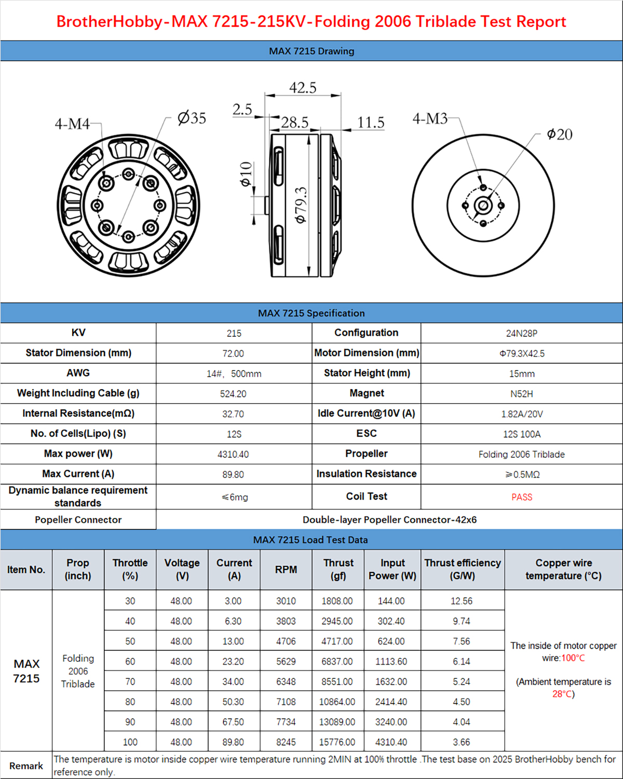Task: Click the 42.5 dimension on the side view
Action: point(303,88)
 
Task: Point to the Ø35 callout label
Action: point(192,118)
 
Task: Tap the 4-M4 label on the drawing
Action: point(72,124)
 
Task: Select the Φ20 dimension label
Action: point(559,134)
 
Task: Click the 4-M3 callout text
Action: point(430,119)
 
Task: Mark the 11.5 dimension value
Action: point(371,122)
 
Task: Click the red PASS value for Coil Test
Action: point(522,497)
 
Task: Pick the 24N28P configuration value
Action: point(522,333)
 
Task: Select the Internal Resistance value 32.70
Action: point(233,414)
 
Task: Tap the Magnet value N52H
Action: point(522,394)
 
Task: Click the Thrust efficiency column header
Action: point(463,569)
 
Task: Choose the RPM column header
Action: point(286,569)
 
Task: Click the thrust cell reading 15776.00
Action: point(337,742)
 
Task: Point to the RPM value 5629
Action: point(286,662)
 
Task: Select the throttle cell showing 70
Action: point(130,682)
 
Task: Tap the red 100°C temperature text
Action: point(573,658)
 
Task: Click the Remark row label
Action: point(26,766)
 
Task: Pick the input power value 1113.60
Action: point(391,662)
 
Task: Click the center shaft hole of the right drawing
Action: point(483,206)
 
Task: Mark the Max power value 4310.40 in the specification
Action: point(233,455)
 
